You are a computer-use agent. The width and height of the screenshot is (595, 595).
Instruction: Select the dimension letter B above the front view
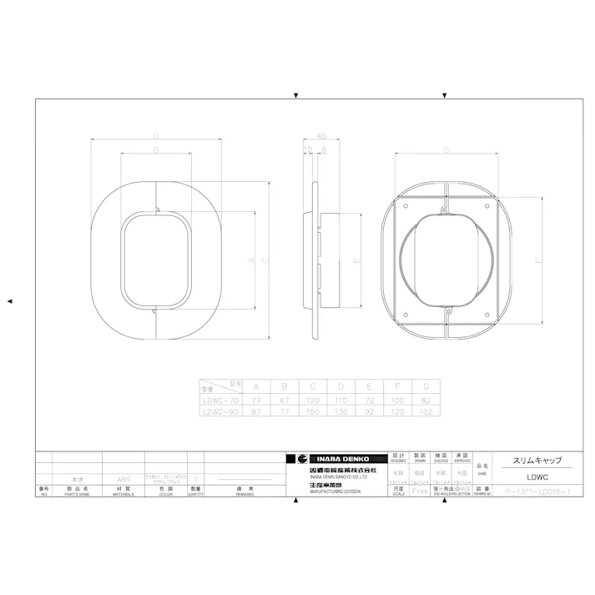[x=156, y=150]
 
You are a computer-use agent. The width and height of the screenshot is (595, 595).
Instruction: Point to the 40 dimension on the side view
[x=321, y=135]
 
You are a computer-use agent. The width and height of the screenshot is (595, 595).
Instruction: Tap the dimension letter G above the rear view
[x=446, y=150]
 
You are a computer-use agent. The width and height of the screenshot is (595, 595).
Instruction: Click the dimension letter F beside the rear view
[x=538, y=262]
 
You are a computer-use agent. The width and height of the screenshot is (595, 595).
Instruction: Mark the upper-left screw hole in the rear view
[x=406, y=204]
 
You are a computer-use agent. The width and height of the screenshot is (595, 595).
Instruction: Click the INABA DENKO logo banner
[x=336, y=459]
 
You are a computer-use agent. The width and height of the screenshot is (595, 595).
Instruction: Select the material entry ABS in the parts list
[x=124, y=480]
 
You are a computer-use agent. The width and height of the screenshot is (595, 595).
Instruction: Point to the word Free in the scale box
[x=420, y=492]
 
